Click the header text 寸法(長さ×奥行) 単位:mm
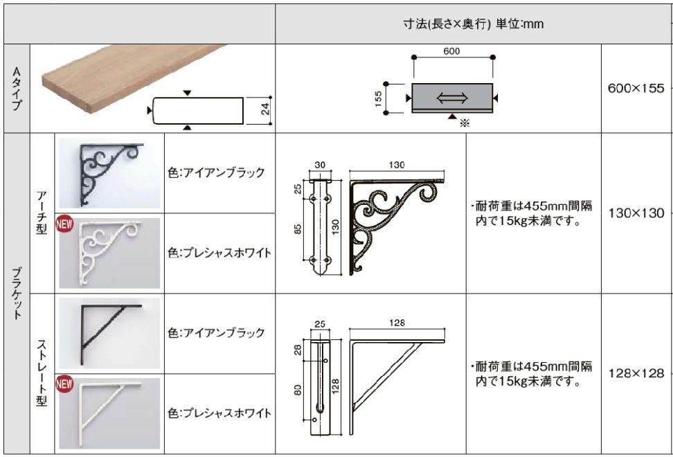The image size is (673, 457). pos(474,24)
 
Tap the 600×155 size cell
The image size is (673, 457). pos(636,89)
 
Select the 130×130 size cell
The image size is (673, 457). pos(636,213)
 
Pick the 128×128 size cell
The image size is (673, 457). pos(636,373)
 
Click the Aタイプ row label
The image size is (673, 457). pos(17,89)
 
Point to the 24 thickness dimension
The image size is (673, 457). pos(266,109)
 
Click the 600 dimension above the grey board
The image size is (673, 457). pos(451,51)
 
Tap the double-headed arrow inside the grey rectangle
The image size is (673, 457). pos(452,98)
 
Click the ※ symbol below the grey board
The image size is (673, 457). pos(465,123)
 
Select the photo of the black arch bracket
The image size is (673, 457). pos(109,173)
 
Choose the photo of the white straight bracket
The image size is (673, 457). pos(109,413)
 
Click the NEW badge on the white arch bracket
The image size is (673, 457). pos(64,224)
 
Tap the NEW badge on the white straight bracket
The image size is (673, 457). pos(64,384)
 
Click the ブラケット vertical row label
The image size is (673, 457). pos(17,294)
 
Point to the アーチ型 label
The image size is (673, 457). pos(42,213)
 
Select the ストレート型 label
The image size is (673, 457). pos(42,373)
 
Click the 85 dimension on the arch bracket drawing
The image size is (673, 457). pos(298,229)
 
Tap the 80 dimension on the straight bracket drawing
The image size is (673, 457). pos(298,390)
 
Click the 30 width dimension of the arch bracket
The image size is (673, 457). pos(320,165)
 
